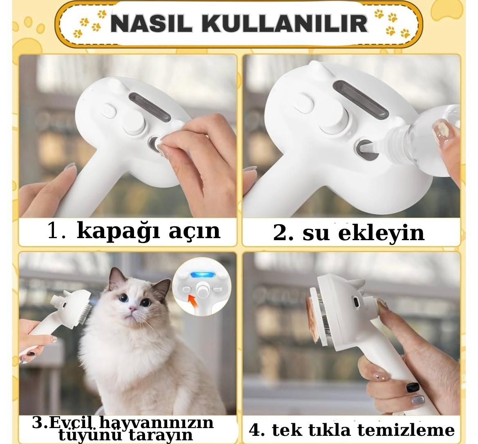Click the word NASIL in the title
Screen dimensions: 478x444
151,23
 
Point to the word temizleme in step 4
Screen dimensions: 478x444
406,430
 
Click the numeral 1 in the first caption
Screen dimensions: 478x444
55,230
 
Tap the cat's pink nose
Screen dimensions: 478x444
133,309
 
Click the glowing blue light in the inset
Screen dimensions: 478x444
202,275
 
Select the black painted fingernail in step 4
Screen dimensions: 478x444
413,388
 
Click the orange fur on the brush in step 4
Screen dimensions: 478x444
313,317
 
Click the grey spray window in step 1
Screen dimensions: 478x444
150,107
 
